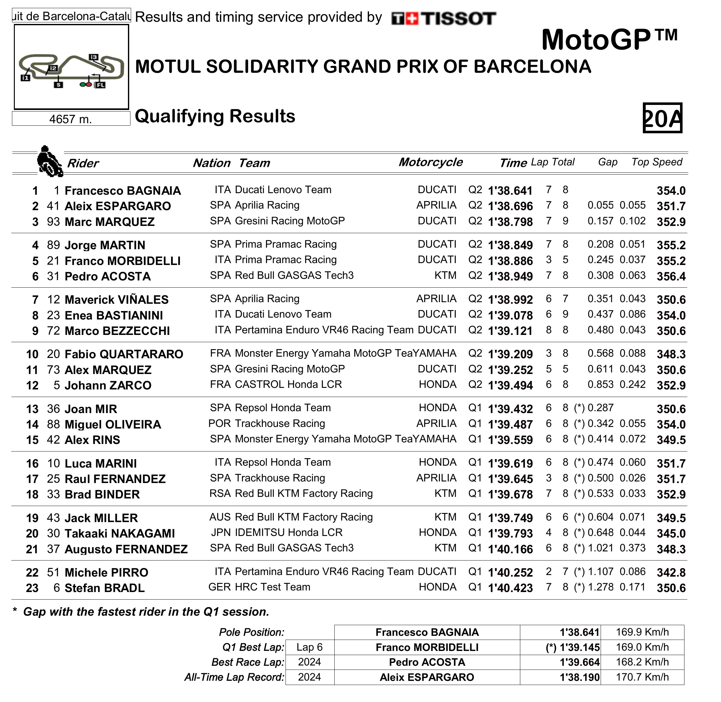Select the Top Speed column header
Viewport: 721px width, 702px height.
tap(656, 162)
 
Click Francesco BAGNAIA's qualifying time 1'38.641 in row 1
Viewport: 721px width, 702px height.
tap(510, 191)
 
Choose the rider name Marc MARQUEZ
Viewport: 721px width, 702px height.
tap(110, 222)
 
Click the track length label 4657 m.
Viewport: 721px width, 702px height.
tap(71, 119)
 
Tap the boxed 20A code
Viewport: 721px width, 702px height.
tap(662, 118)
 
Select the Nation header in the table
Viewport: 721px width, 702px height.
tap(212, 163)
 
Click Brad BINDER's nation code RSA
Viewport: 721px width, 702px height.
tap(220, 494)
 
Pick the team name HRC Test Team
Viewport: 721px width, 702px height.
tap(273, 587)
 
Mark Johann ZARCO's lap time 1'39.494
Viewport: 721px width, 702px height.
tap(510, 385)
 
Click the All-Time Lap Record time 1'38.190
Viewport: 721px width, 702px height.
tap(580, 678)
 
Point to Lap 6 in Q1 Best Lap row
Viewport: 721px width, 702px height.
tap(309, 647)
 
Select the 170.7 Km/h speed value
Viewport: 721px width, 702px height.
tap(642, 677)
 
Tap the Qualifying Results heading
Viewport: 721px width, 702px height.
tap(215, 116)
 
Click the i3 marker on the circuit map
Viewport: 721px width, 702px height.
tap(93, 57)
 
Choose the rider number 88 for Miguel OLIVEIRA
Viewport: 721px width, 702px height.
tap(54, 424)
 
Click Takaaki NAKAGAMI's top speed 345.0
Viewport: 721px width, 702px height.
tap(671, 533)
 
